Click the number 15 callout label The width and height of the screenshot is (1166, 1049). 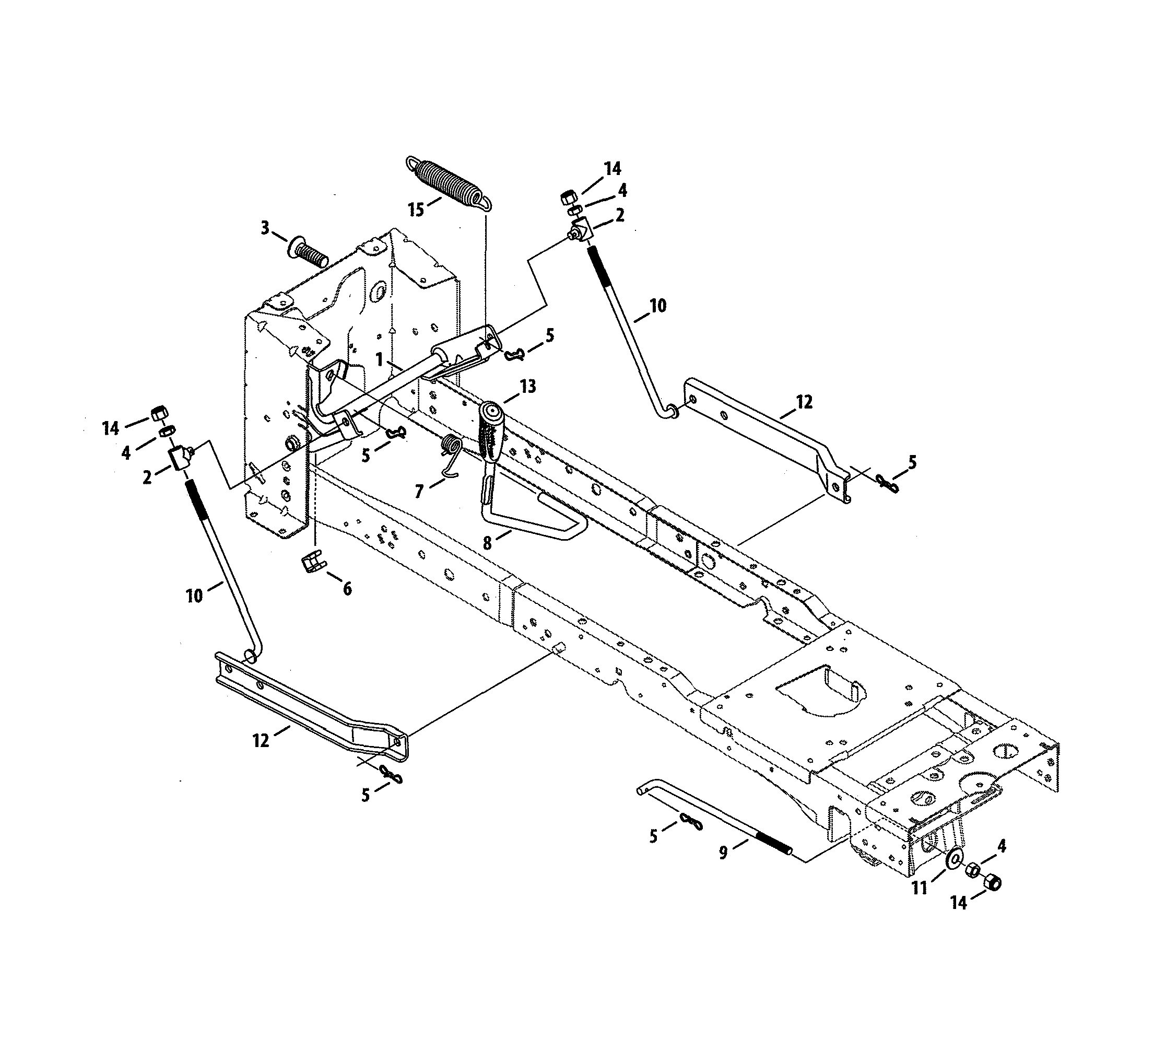[x=416, y=210]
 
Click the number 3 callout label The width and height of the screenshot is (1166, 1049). [x=264, y=228]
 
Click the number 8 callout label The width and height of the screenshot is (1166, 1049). [x=487, y=542]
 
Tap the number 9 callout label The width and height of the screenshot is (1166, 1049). [x=724, y=853]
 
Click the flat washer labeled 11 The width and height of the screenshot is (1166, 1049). [x=953, y=859]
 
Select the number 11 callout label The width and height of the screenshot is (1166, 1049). [x=920, y=888]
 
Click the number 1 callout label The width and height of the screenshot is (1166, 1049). [x=379, y=359]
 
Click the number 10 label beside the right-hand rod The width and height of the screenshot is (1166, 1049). [x=657, y=306]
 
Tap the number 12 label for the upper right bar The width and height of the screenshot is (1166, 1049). [x=804, y=402]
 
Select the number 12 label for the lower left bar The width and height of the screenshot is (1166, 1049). [x=261, y=741]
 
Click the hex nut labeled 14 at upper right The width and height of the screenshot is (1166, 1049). [x=567, y=197]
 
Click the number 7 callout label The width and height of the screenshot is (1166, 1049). [x=419, y=491]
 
